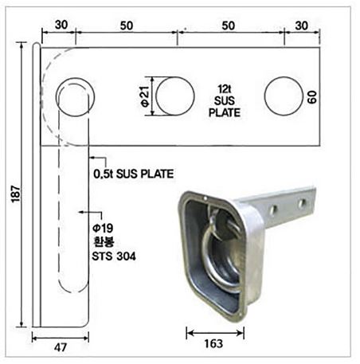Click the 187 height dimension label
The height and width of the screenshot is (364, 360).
pos(16,194)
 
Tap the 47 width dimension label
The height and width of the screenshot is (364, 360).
pos(61,347)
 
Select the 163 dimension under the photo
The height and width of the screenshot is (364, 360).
pos(213,343)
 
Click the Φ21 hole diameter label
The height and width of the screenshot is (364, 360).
pos(146,96)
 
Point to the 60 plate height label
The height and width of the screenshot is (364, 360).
pos(312,97)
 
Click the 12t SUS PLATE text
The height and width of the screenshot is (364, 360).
pos(225,101)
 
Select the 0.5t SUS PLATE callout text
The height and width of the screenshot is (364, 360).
pos(134,174)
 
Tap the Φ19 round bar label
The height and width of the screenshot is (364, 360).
pos(103,228)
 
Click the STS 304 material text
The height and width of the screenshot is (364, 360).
pos(114,256)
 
